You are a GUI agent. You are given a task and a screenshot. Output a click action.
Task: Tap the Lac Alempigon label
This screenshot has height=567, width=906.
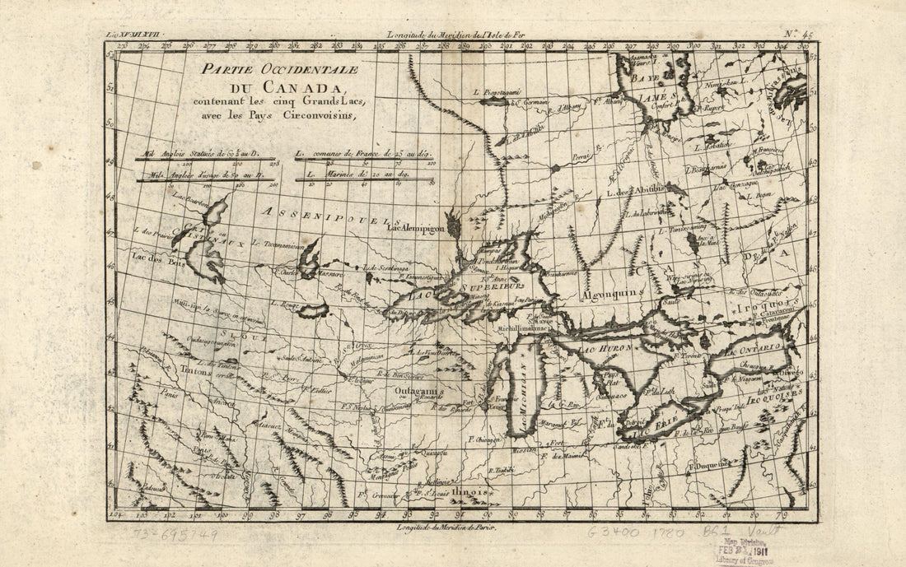417,227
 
